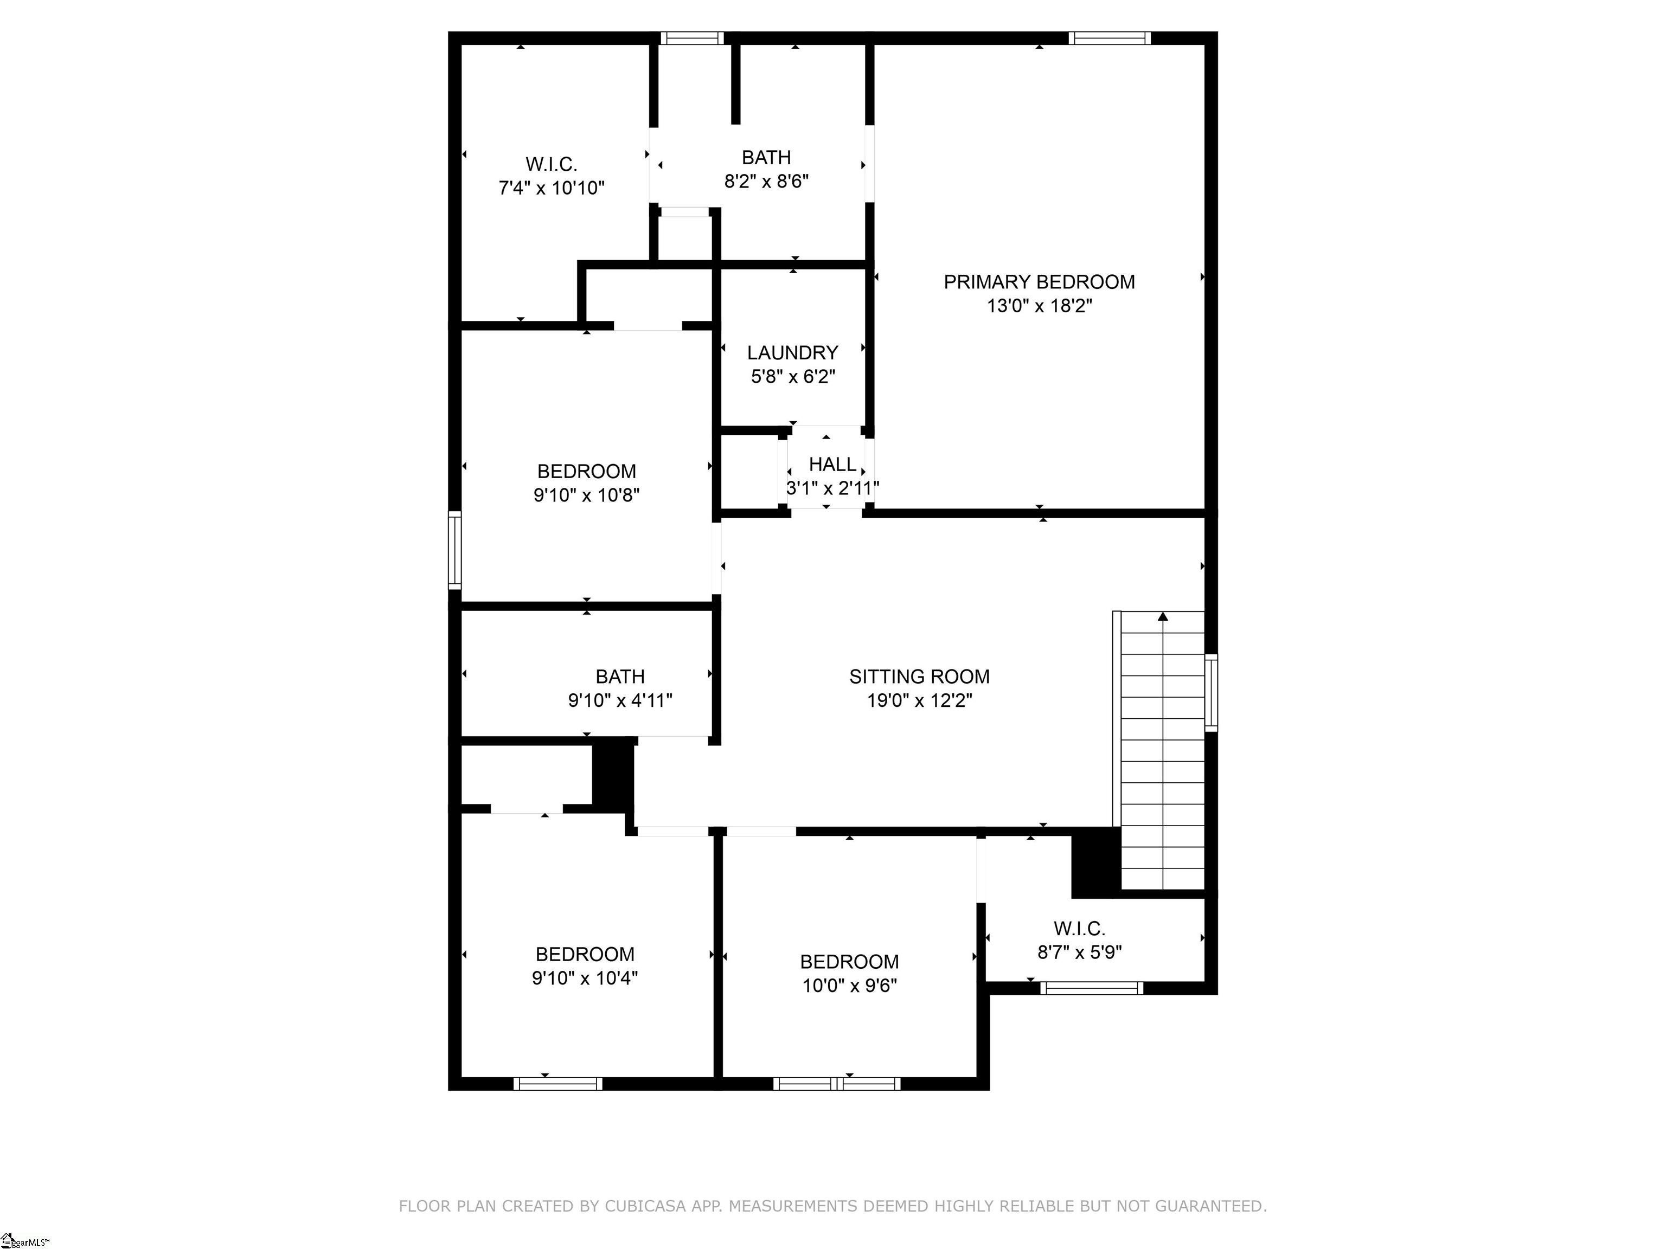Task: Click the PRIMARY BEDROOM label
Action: click(x=1040, y=282)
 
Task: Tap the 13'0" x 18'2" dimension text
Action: click(x=1040, y=306)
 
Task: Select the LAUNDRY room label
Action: click(x=792, y=353)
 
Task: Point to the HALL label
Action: click(x=832, y=465)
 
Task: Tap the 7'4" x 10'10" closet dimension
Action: click(x=552, y=188)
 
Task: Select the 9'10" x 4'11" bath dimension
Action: click(x=620, y=701)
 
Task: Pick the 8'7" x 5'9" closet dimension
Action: click(x=1079, y=952)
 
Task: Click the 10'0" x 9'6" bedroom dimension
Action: click(x=850, y=986)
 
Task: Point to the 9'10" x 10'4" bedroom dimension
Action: click(x=585, y=978)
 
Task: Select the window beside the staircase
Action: click(x=1211, y=693)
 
